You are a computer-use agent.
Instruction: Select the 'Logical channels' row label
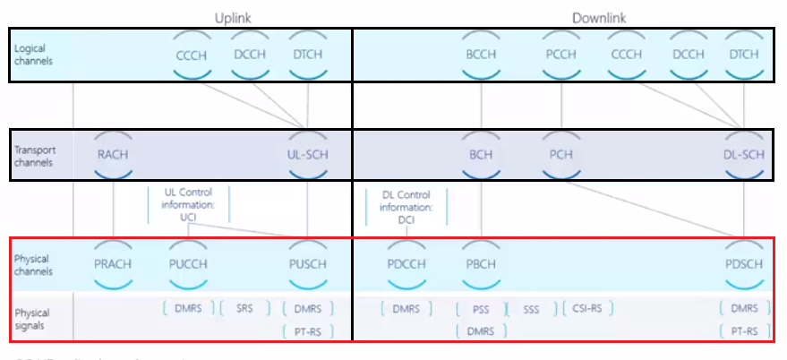34,56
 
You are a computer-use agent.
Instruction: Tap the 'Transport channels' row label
35,156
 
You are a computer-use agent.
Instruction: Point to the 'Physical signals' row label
32,319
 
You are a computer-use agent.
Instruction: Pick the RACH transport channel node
113,154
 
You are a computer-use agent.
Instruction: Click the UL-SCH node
306,154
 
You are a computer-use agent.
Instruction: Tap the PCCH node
561,55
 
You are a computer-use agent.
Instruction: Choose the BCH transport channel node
482,154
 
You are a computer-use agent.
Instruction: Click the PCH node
561,154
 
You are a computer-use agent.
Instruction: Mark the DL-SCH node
744,154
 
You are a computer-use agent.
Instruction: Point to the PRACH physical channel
113,264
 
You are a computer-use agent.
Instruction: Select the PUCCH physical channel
187,264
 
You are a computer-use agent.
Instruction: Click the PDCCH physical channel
406,264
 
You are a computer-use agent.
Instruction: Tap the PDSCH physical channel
744,264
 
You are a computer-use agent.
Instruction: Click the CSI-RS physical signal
586,308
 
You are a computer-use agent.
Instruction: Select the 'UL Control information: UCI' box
188,203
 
